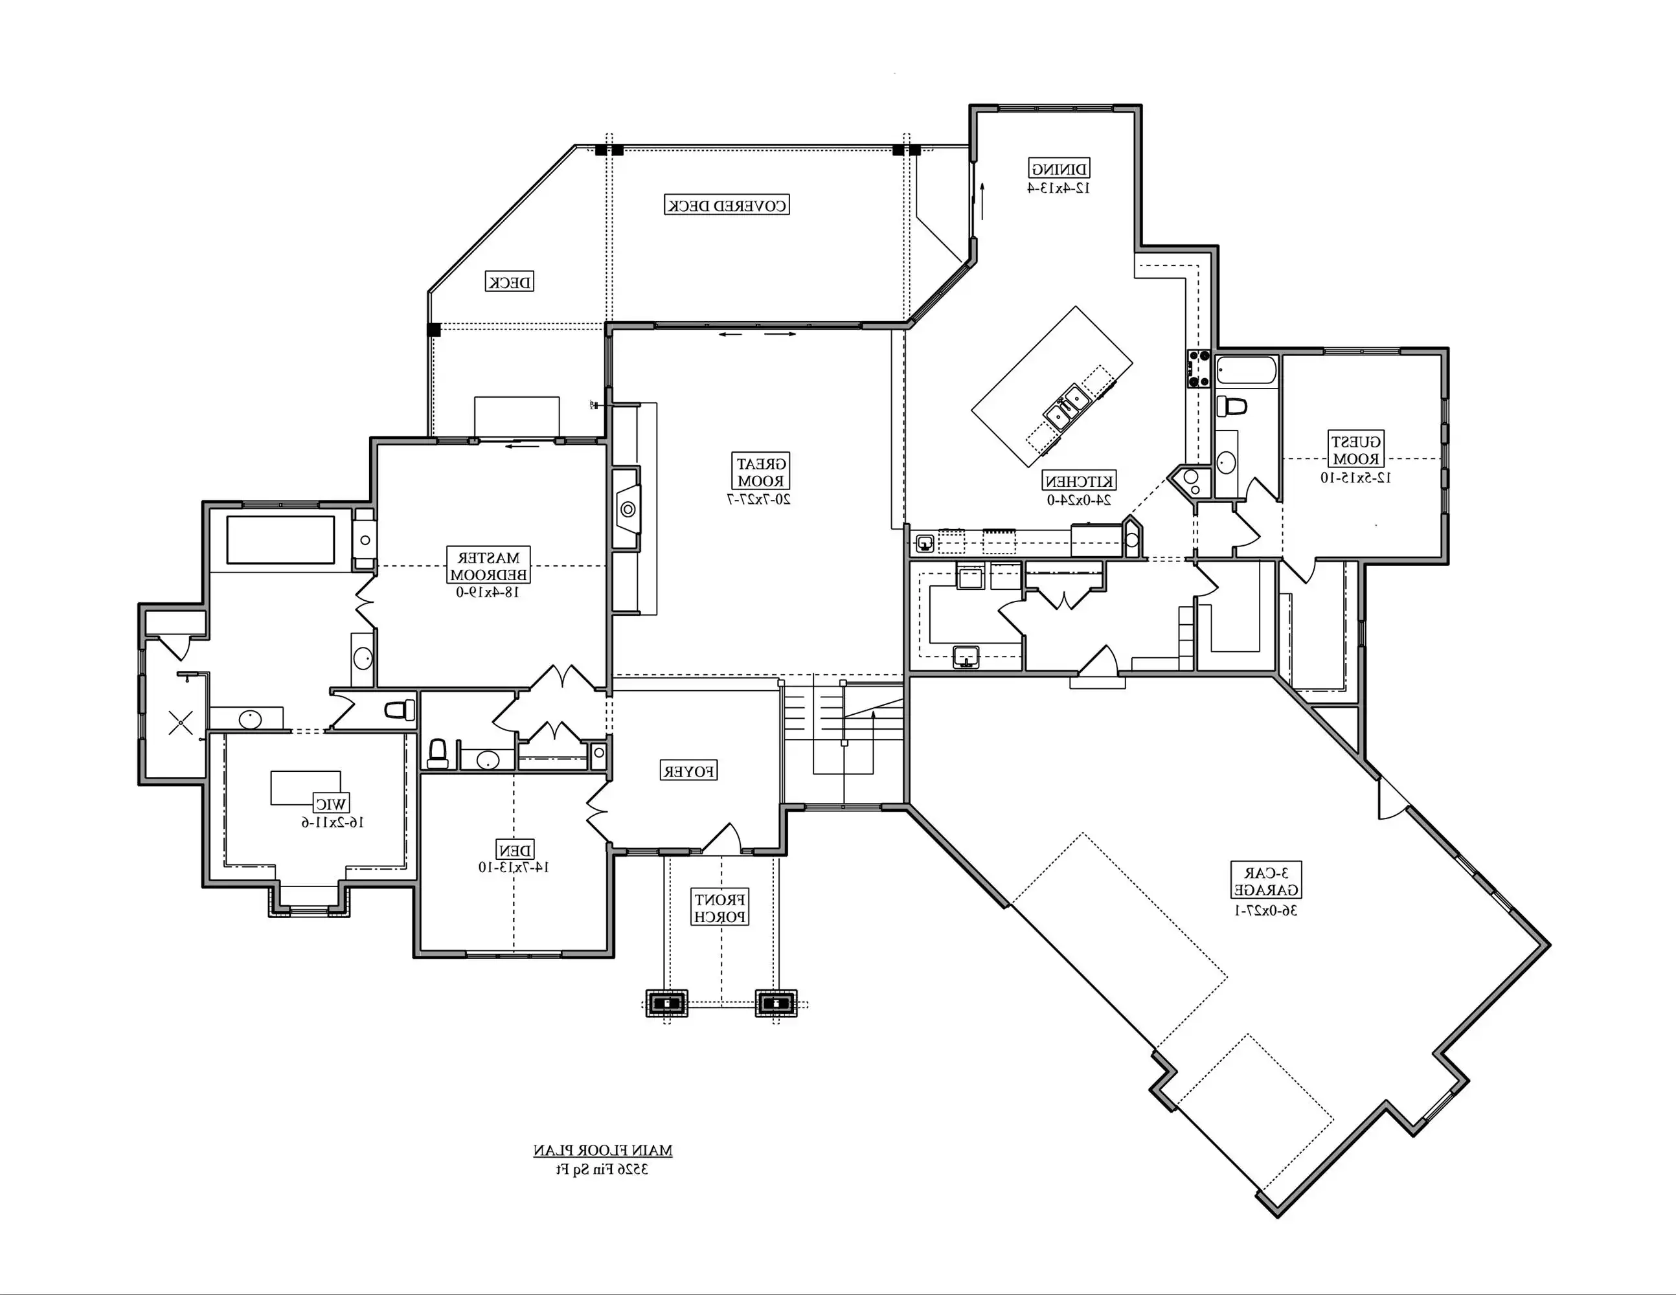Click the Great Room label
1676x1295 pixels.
[760, 473]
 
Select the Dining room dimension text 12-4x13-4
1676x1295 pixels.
[1059, 188]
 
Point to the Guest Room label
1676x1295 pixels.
[1356, 450]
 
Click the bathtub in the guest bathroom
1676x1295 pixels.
[1246, 371]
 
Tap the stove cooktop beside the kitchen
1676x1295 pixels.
[1199, 368]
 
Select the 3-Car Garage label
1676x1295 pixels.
[1266, 881]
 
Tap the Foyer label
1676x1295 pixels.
[689, 771]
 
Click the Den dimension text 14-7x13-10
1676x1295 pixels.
[514, 868]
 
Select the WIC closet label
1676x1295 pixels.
[331, 804]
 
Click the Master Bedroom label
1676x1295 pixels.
[489, 566]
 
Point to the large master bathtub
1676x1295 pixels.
[280, 540]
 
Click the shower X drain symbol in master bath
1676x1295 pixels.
[181, 722]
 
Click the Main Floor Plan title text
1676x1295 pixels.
[602, 1150]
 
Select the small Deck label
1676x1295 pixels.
[510, 282]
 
